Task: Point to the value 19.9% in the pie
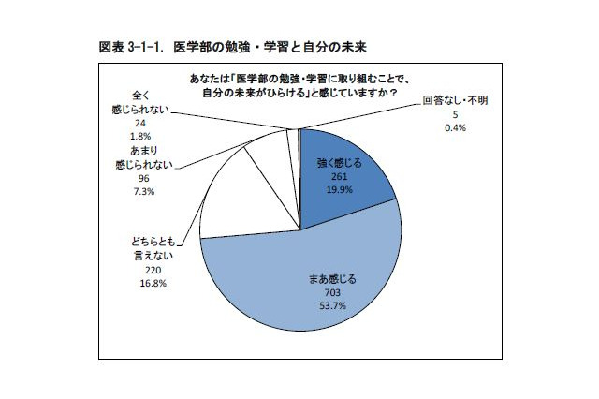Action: [338, 190]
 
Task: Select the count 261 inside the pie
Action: [338, 176]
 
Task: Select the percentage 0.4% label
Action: [454, 126]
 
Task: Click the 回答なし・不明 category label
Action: [454, 99]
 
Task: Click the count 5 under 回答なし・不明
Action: [454, 112]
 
